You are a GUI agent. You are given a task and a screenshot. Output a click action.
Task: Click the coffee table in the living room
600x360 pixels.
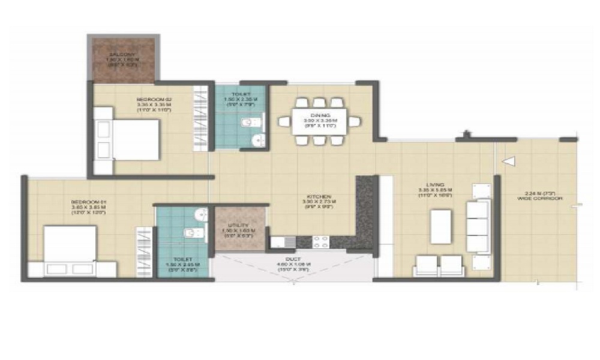pyautogui.click(x=441, y=226)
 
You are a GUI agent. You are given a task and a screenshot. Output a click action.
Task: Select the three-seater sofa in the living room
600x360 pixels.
pyautogui.click(x=478, y=226)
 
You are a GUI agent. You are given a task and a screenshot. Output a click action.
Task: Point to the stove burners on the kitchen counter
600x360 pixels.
pyautogui.click(x=320, y=242)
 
